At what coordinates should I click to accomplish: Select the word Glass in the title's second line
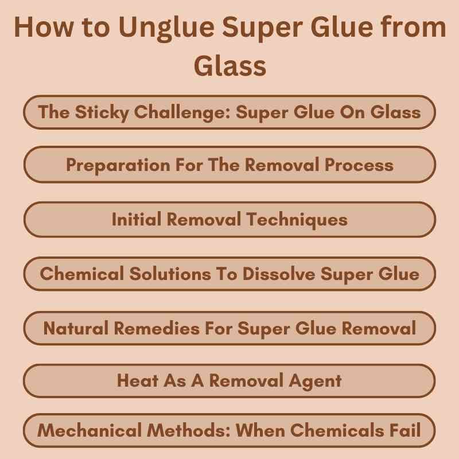click(229, 65)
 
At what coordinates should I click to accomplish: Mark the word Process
click(359, 165)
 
